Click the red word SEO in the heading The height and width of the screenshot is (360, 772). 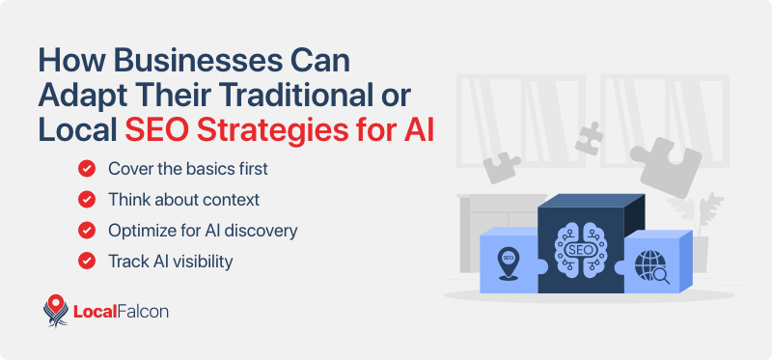pyautogui.click(x=152, y=129)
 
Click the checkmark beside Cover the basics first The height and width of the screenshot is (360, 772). pyautogui.click(x=87, y=168)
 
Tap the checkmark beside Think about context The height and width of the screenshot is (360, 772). pyautogui.click(x=87, y=199)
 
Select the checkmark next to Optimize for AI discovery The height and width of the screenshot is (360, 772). pyautogui.click(x=87, y=230)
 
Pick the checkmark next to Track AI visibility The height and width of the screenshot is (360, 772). pyautogui.click(x=87, y=261)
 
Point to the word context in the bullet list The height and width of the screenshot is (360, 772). pyautogui.click(x=231, y=199)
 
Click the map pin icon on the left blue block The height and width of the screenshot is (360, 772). pyautogui.click(x=506, y=262)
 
